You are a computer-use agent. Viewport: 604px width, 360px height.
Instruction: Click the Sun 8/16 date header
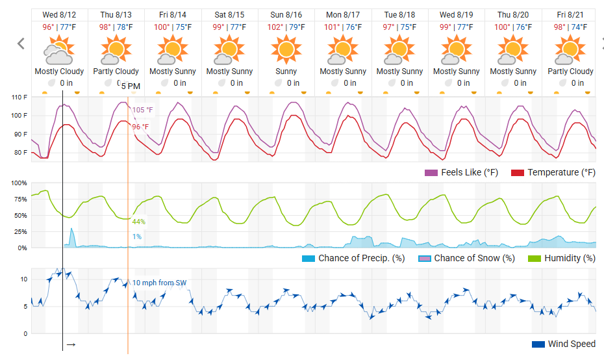(286, 15)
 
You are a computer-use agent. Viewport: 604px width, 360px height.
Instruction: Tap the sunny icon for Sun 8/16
(286, 49)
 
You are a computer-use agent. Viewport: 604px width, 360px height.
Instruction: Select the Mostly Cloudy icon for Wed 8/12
(59, 49)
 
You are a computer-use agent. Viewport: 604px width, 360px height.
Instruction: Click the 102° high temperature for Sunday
(275, 27)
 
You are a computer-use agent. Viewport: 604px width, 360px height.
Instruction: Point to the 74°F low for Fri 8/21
(579, 27)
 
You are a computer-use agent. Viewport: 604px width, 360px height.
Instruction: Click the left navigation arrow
(21, 44)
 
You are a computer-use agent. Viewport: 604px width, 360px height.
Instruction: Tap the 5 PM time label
(131, 86)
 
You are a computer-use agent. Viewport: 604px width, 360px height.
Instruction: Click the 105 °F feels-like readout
(142, 110)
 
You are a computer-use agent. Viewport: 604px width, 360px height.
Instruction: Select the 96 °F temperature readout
(140, 127)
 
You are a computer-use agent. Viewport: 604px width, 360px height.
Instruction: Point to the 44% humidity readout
(139, 222)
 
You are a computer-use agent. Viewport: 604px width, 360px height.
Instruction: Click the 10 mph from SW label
(159, 283)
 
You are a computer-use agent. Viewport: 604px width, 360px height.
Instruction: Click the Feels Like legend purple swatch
(431, 173)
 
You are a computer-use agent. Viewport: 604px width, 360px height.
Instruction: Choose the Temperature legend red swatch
(518, 173)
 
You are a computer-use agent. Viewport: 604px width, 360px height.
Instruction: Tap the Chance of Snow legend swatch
(425, 258)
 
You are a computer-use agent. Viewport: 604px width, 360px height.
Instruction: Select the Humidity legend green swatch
(535, 258)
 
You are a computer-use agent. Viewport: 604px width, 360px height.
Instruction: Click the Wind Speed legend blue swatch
(538, 344)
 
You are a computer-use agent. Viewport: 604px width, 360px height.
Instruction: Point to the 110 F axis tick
(19, 97)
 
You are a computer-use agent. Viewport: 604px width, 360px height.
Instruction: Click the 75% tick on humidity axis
(20, 199)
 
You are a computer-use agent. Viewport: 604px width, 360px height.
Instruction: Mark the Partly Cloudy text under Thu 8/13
(116, 71)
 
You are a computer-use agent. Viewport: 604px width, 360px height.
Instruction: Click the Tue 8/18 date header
(399, 15)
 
